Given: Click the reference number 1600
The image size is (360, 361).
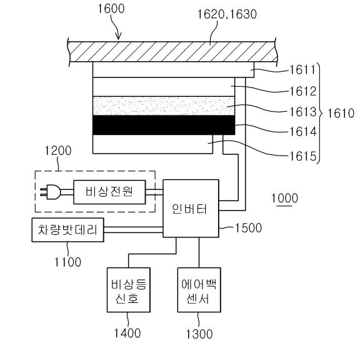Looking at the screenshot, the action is click(x=111, y=9).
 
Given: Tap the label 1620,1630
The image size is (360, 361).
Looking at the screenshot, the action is click(x=227, y=14).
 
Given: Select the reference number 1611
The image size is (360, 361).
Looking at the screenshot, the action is click(x=302, y=70).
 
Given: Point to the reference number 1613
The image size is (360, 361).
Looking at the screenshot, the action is click(x=303, y=112).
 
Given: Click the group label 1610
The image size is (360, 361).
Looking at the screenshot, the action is click(x=341, y=113).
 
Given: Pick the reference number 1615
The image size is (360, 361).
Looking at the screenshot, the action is click(x=303, y=156).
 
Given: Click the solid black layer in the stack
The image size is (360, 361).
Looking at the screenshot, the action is click(x=164, y=125).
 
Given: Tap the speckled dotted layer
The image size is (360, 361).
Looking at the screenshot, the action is click(x=164, y=106).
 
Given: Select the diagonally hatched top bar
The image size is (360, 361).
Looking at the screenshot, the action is click(x=172, y=52).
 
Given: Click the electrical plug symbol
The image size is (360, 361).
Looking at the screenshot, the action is click(x=50, y=192).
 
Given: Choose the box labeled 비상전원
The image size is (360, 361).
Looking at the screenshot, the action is click(x=109, y=192).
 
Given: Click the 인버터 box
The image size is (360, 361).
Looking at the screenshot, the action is click(x=191, y=209).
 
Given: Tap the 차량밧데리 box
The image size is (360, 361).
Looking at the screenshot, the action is click(x=67, y=230).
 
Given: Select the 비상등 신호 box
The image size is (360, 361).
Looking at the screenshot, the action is click(x=129, y=290).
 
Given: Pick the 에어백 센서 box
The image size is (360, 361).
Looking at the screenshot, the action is click(x=199, y=290).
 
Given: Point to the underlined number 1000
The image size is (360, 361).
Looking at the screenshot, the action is click(x=284, y=198).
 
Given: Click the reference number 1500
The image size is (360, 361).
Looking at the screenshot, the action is click(x=248, y=228).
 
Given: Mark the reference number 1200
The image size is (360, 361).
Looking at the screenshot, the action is click(x=57, y=151).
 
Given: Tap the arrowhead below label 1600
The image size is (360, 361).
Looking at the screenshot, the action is click(x=118, y=36).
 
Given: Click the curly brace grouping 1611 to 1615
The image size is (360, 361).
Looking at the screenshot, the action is click(x=319, y=113).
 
